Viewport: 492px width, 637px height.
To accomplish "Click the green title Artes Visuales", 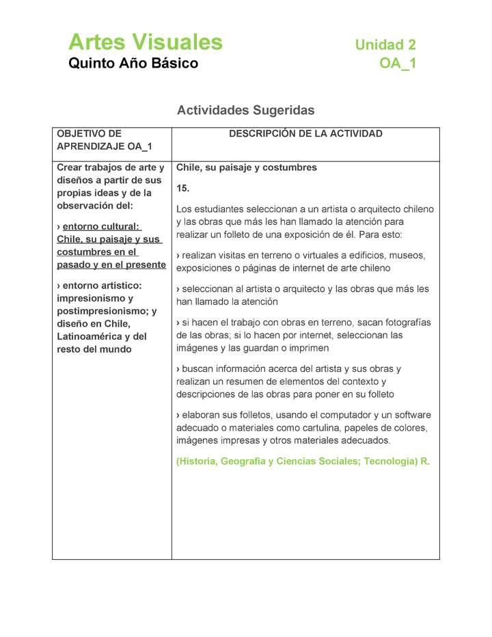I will (146, 42).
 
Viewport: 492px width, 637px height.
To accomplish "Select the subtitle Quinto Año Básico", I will (133, 64).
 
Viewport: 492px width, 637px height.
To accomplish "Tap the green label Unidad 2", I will (385, 45).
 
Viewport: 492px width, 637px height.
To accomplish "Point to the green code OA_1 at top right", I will (398, 64).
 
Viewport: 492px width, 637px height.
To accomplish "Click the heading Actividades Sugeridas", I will (245, 110).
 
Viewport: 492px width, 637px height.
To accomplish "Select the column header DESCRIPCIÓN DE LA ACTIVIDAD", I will (305, 134).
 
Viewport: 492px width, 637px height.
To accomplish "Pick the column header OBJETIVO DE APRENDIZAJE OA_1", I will (104, 140).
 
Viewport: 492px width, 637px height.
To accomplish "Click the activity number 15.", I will (182, 188).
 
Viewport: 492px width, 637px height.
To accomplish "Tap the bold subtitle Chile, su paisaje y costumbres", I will (246, 167).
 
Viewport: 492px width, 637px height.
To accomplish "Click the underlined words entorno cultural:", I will (101, 226).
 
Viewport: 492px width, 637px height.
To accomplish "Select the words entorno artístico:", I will (102, 285).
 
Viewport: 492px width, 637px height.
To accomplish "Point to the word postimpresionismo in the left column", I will (102, 311).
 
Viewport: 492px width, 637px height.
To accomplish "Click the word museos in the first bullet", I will (408, 256).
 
